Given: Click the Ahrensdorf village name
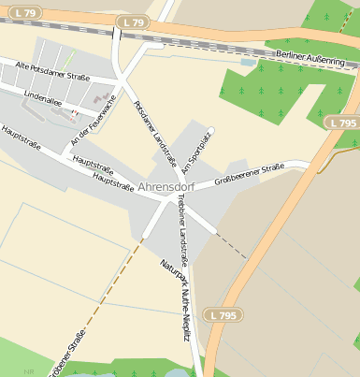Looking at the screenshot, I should (165, 186).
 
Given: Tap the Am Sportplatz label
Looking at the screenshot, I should (198, 151).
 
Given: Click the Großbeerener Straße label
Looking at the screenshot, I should (249, 174).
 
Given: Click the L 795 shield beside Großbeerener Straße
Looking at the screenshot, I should (342, 123).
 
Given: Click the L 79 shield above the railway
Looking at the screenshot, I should (135, 22).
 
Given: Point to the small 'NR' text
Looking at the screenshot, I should (30, 371).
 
